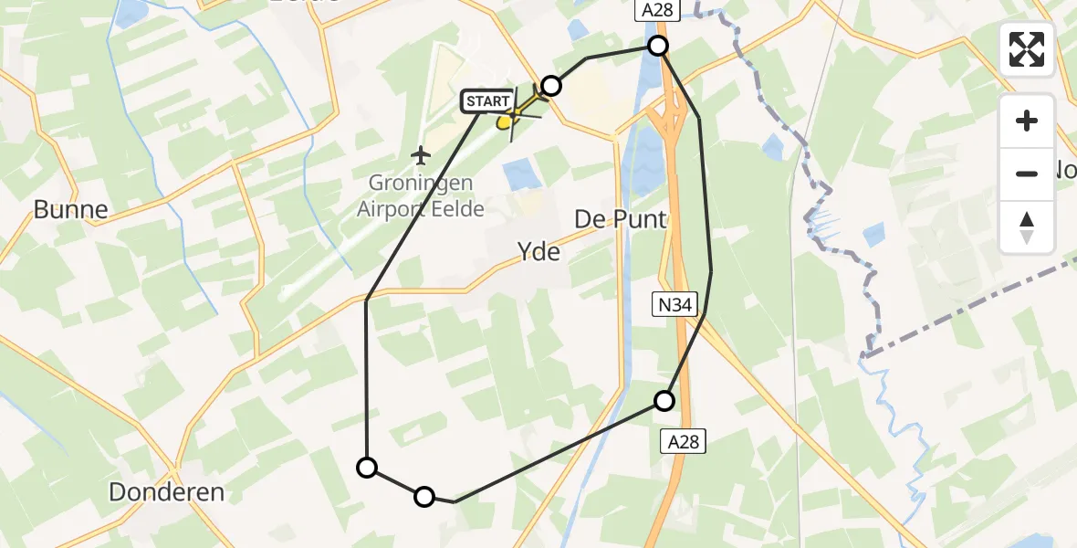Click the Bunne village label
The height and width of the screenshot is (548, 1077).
(x=70, y=210)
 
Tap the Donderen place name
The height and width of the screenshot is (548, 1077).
(x=166, y=492)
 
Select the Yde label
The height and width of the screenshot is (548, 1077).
(x=538, y=251)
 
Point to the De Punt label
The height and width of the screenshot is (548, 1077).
(x=621, y=220)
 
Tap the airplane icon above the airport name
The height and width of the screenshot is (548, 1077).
(x=420, y=154)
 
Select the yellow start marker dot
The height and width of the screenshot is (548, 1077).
(x=506, y=121)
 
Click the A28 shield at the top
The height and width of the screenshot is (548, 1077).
(x=649, y=10)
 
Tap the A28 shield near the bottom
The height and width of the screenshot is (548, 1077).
(x=682, y=442)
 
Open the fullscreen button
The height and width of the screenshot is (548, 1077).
(x=1027, y=49)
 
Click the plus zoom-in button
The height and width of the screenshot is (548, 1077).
(x=1027, y=121)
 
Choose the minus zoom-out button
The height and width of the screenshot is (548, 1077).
(x=1027, y=174)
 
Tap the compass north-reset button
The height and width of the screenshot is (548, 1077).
(x=1027, y=227)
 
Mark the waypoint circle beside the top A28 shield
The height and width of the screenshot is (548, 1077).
(x=657, y=46)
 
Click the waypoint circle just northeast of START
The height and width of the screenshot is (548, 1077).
(x=550, y=86)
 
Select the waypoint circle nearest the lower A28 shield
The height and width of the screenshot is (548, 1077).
(x=664, y=400)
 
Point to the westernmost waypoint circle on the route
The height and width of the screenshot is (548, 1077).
(x=366, y=468)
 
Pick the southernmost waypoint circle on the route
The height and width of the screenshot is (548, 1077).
(x=424, y=497)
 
